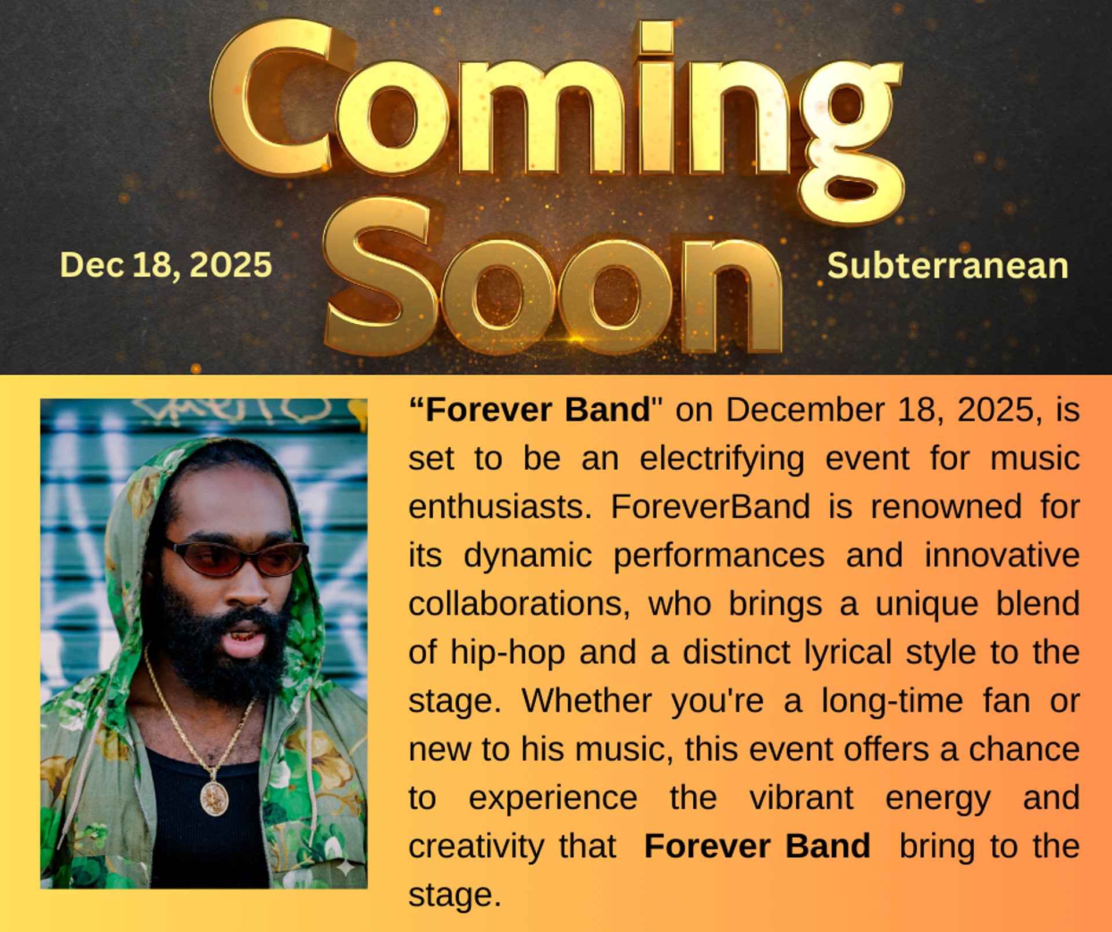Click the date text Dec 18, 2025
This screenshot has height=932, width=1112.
166,265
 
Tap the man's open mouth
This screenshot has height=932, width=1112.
244,639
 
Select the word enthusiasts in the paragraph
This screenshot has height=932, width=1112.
500,507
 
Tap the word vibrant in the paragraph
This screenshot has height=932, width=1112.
801,798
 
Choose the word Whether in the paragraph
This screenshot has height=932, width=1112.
587,700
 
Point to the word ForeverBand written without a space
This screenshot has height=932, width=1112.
710,507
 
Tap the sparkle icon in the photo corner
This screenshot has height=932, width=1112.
345,867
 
